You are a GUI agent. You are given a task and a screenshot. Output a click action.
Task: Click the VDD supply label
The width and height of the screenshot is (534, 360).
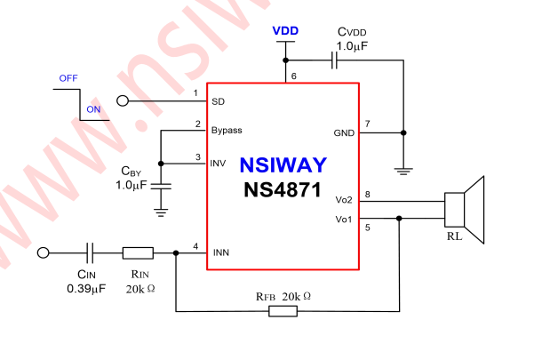[x=286, y=30]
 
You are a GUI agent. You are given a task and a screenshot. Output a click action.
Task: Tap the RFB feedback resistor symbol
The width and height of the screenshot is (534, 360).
[x=283, y=310]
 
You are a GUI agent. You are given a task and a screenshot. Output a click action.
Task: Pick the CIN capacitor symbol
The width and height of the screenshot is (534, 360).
[x=91, y=252]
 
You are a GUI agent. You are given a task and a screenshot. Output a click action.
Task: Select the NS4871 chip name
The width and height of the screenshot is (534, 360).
[x=283, y=189]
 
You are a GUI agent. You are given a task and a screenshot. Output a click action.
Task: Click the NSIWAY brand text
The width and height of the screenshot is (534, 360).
[x=283, y=165]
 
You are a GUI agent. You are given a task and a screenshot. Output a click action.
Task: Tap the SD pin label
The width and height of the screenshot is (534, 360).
[x=218, y=101]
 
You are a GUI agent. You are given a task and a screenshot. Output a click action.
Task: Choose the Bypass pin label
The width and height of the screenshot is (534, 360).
[x=227, y=131]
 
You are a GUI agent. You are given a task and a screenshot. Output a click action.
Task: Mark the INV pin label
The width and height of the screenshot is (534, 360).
[x=219, y=163]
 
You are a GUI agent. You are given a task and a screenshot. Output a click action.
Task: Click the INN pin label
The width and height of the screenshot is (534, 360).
[x=220, y=252]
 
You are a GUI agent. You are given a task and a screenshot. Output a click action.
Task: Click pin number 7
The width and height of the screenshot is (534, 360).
[x=368, y=123]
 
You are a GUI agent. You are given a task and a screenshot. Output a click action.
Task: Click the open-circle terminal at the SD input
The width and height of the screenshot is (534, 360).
[x=123, y=101]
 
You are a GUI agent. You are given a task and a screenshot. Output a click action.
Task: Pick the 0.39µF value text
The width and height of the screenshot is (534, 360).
[x=86, y=289]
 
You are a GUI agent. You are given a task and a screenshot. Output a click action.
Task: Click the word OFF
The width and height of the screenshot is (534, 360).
[x=68, y=78]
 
